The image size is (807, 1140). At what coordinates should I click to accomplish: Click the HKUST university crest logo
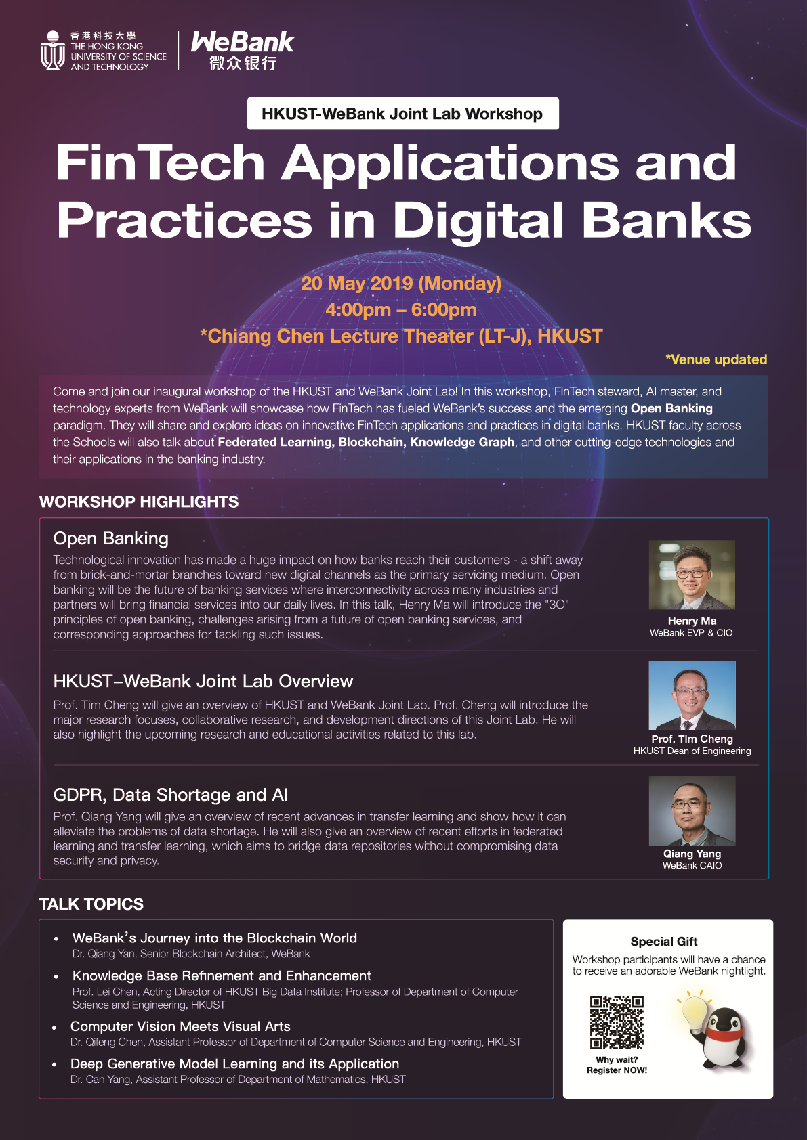tap(52, 50)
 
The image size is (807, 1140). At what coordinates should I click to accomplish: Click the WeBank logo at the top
tap(243, 50)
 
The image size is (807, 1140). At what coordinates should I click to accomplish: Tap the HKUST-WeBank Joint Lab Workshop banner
tap(402, 114)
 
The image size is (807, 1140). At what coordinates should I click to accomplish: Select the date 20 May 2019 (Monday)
tap(401, 283)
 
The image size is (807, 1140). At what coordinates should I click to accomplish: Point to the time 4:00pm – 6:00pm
tap(401, 309)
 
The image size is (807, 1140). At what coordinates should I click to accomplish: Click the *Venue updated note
tap(716, 359)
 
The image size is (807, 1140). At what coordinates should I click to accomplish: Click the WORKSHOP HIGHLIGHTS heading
tap(139, 502)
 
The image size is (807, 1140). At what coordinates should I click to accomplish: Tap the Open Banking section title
tap(110, 538)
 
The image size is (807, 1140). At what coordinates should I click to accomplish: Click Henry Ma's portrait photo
tap(692, 575)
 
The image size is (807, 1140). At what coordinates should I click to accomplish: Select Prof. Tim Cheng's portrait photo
tap(692, 695)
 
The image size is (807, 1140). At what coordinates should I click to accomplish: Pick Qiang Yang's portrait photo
tap(692, 811)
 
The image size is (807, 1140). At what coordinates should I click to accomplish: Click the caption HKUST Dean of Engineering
tap(692, 751)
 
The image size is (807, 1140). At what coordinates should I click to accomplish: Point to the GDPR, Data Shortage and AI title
tap(170, 795)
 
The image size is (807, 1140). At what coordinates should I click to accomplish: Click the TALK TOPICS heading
tap(91, 904)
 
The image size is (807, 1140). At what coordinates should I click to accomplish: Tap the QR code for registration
tap(617, 1022)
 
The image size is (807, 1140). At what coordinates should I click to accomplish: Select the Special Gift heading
tap(664, 942)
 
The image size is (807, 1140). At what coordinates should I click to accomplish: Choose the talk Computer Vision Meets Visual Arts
tap(180, 1026)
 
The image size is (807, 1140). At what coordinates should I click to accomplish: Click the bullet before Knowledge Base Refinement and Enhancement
tap(56, 977)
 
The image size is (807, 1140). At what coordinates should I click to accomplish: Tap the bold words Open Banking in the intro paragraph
tap(671, 408)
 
